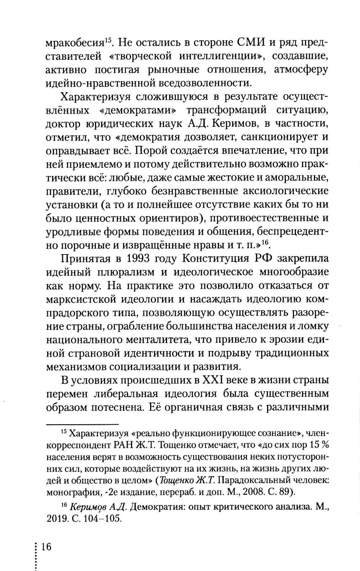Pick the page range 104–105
104,519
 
